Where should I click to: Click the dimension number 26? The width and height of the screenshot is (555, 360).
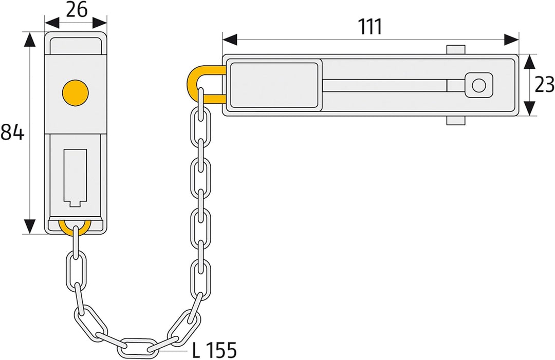point(77,10)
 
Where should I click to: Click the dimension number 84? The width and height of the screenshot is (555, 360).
point(12,132)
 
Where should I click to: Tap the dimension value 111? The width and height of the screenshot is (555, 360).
point(370,27)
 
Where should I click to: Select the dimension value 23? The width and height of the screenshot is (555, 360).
point(544,85)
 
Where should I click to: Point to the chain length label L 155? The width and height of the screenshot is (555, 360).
point(214,350)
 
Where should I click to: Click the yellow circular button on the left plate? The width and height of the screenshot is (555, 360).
point(76,92)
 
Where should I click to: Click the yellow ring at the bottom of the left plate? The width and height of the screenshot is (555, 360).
point(75,228)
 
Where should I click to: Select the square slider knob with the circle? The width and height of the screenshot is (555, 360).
point(478,85)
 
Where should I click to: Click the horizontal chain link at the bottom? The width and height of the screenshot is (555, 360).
point(137,348)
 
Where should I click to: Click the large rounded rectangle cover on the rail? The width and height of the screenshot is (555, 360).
point(274,85)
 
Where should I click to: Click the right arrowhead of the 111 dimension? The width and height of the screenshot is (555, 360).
point(511,40)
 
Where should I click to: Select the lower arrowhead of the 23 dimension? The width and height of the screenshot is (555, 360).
point(529,108)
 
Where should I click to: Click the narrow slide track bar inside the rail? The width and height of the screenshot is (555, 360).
point(385,85)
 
